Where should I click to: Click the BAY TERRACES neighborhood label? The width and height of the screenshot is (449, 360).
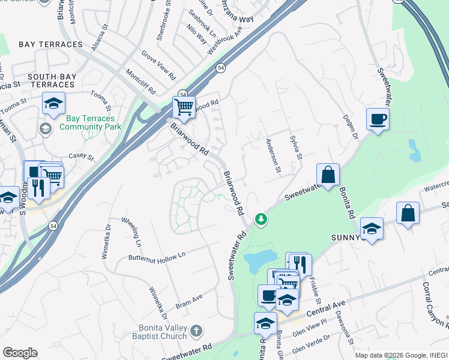pyautogui.click(x=50, y=44)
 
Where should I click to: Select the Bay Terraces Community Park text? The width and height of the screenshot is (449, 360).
pyautogui.click(x=90, y=122)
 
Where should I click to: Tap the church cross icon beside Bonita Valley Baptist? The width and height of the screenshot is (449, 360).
pyautogui.click(x=196, y=331)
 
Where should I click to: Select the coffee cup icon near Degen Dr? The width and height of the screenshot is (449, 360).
pyautogui.click(x=377, y=119)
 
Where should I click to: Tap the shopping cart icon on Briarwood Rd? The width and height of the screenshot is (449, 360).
pyautogui.click(x=184, y=107)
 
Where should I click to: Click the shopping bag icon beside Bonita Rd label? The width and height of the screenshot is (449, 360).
pyautogui.click(x=328, y=175)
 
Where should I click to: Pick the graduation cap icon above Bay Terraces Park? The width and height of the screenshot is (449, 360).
pyautogui.click(x=53, y=104)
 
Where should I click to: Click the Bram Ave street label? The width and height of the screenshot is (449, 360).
pyautogui.click(x=189, y=301)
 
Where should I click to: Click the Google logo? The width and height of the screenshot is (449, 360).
pyautogui.click(x=20, y=353)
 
